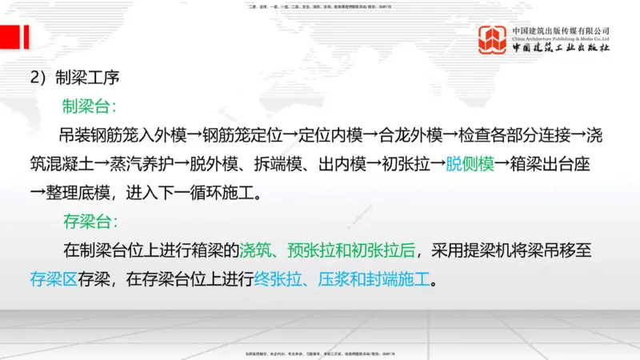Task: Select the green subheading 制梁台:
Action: (x=90, y=106)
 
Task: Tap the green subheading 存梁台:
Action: (x=90, y=222)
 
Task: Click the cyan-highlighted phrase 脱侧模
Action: (x=468, y=164)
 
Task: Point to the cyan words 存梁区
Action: (x=54, y=280)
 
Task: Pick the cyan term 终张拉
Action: (x=276, y=280)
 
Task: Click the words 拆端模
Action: (x=291, y=164)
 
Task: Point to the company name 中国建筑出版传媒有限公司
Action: (x=560, y=30)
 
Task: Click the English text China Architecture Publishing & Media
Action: (x=560, y=38)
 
